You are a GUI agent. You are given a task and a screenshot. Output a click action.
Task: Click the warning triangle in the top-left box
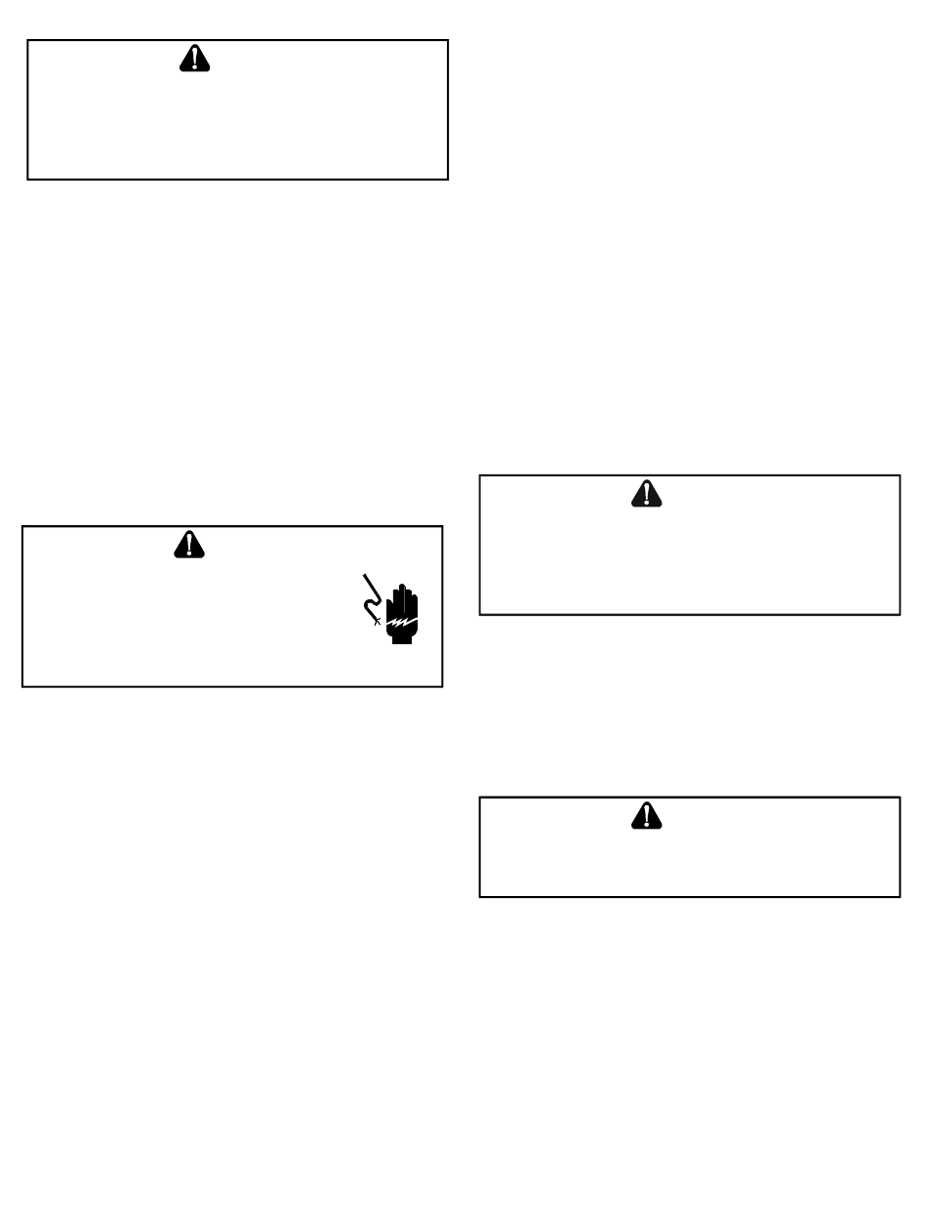coord(195,60)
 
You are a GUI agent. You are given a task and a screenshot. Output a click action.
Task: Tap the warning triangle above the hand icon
coord(190,545)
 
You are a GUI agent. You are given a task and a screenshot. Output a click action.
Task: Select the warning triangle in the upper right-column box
coord(646,494)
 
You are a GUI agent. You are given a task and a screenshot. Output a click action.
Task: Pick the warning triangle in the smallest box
coord(646,816)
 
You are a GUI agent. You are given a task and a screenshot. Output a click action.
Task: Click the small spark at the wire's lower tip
coord(377,622)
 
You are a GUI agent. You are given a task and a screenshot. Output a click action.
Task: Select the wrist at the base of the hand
coord(401,638)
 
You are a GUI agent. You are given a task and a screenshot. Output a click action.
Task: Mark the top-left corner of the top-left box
coord(27,40)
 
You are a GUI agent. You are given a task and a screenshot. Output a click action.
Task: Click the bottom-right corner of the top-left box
coord(448,179)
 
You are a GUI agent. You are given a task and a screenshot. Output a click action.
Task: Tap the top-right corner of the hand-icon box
coord(443,526)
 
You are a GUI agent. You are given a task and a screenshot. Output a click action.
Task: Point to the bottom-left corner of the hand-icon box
coord(22,686)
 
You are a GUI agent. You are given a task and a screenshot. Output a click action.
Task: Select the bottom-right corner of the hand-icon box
coord(443,686)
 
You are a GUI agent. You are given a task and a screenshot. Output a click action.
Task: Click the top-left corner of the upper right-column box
coord(479,475)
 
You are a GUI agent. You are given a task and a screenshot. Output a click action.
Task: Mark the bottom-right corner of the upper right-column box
coord(900,614)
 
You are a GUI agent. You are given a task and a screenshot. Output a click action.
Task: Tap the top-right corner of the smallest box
coord(900,797)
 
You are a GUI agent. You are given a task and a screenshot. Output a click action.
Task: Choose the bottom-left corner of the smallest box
coord(479,896)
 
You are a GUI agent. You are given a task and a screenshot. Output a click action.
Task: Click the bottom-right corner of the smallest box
coord(900,896)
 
